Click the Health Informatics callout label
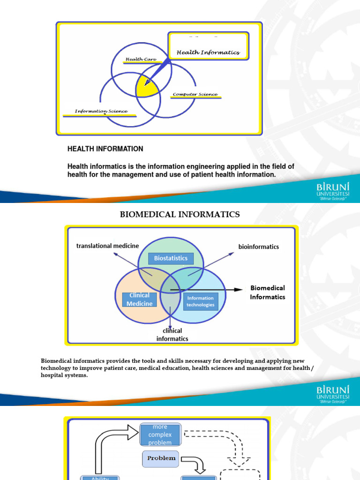(208, 52)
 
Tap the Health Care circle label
(140, 60)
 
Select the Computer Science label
(195, 95)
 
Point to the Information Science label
(101, 112)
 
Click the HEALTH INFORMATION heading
(105, 149)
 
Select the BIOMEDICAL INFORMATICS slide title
(180, 215)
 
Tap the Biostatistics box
(171, 258)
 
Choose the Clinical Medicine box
(139, 299)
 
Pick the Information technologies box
(200, 301)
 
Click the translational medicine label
(107, 246)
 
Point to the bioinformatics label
(259, 247)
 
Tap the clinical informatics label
(172, 335)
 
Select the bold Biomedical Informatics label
(268, 292)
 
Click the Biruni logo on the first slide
(333, 191)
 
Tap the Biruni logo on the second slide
(333, 394)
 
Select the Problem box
(161, 458)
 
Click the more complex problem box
(159, 435)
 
